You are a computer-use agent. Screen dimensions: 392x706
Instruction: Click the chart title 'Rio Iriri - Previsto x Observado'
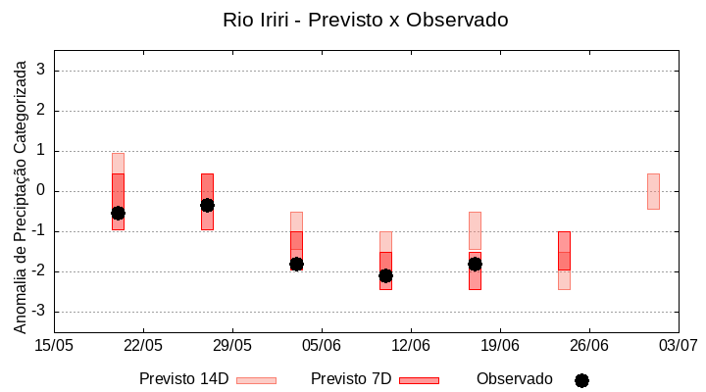click(365, 20)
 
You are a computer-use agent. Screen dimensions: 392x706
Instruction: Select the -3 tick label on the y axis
click(38, 312)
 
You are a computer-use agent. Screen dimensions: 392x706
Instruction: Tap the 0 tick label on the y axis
click(41, 191)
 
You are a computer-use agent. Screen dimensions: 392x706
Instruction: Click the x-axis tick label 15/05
click(54, 345)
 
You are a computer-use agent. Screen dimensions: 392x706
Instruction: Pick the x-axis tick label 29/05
click(232, 345)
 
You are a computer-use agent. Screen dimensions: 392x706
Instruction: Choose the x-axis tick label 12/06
click(411, 345)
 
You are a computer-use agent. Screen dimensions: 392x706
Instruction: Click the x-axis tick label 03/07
click(678, 345)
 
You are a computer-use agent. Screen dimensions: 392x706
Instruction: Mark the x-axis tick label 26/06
click(588, 345)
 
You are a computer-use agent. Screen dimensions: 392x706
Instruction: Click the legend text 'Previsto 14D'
click(183, 379)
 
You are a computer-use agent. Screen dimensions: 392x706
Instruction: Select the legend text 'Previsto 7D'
click(351, 379)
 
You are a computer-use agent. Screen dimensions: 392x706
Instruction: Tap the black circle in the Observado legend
click(581, 380)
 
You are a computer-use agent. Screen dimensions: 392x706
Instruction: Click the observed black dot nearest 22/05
click(118, 213)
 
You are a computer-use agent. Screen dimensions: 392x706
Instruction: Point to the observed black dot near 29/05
click(207, 205)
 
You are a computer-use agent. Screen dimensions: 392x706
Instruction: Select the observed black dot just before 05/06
click(296, 264)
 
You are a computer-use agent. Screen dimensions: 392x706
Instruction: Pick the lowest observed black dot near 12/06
click(385, 275)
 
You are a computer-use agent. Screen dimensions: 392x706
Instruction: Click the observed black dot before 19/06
click(475, 264)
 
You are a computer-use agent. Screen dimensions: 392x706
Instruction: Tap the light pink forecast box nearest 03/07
click(653, 191)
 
